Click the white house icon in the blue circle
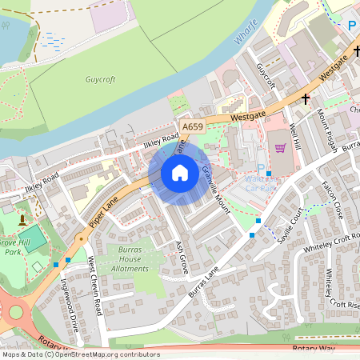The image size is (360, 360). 180,173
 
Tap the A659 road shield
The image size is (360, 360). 193,126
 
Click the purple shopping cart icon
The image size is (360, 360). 280,147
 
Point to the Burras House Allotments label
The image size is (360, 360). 129,259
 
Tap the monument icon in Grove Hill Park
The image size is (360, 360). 22,218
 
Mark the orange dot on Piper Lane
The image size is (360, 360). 80,238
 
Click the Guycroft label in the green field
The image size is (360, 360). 101,79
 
